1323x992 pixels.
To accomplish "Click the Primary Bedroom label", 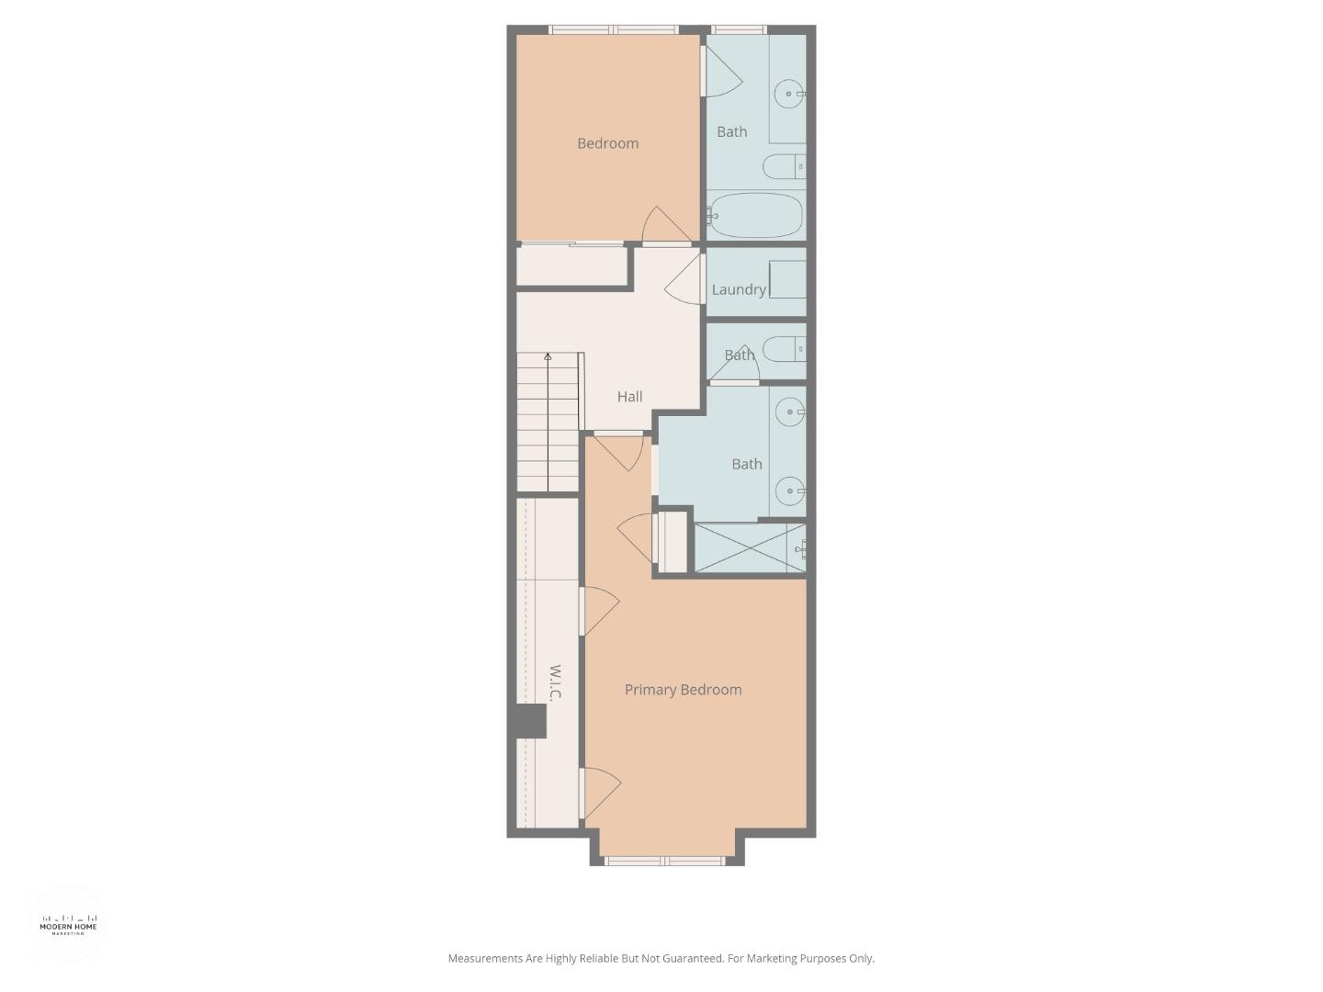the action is tap(683, 690).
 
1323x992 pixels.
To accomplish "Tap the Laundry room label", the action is tap(739, 289).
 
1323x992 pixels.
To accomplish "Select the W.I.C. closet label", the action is tap(555, 683).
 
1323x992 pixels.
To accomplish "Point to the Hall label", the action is tap(629, 396).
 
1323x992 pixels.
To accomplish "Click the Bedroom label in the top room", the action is tap(607, 143).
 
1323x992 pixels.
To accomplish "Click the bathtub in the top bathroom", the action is tap(755, 216).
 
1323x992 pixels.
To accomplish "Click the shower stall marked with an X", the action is tap(750, 547).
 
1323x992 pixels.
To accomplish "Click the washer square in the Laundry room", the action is tap(787, 279).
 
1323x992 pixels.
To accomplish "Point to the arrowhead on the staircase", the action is tap(548, 357).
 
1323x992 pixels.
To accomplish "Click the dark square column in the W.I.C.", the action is tap(531, 721).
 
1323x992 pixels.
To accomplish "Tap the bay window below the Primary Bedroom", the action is tap(664, 861).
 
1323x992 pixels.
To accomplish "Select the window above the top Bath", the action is tap(739, 28).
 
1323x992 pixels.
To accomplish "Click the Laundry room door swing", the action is tap(684, 279).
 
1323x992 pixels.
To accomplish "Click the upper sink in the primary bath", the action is tap(789, 412).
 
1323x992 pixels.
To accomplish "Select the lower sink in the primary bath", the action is tap(789, 491).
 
